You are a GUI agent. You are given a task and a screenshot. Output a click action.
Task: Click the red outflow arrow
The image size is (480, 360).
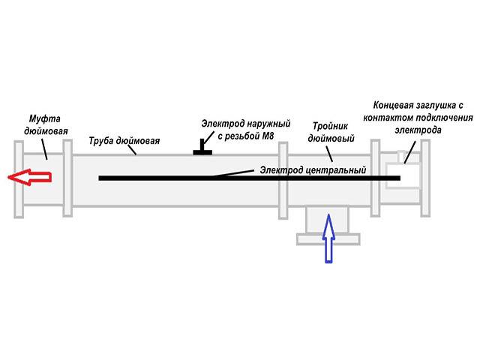pos(29,178)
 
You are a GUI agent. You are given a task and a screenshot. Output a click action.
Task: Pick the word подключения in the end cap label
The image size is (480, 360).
pos(440,118)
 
